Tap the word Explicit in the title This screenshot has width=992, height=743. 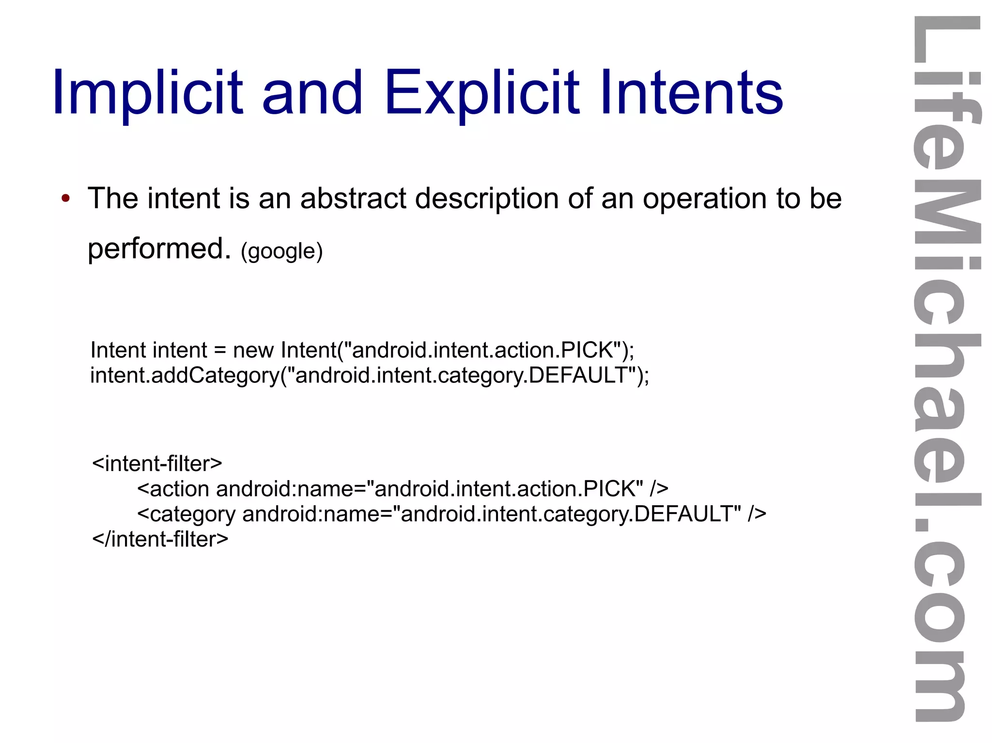(481, 93)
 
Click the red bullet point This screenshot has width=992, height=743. (66, 198)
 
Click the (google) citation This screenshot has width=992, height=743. (281, 251)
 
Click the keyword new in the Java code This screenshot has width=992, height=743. (253, 350)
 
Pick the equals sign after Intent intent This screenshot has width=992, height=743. (220, 350)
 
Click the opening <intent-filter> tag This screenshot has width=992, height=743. (157, 464)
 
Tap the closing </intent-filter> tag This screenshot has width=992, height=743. (160, 539)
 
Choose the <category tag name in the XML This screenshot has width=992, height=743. (186, 514)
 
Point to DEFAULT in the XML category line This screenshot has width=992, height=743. (687, 514)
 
